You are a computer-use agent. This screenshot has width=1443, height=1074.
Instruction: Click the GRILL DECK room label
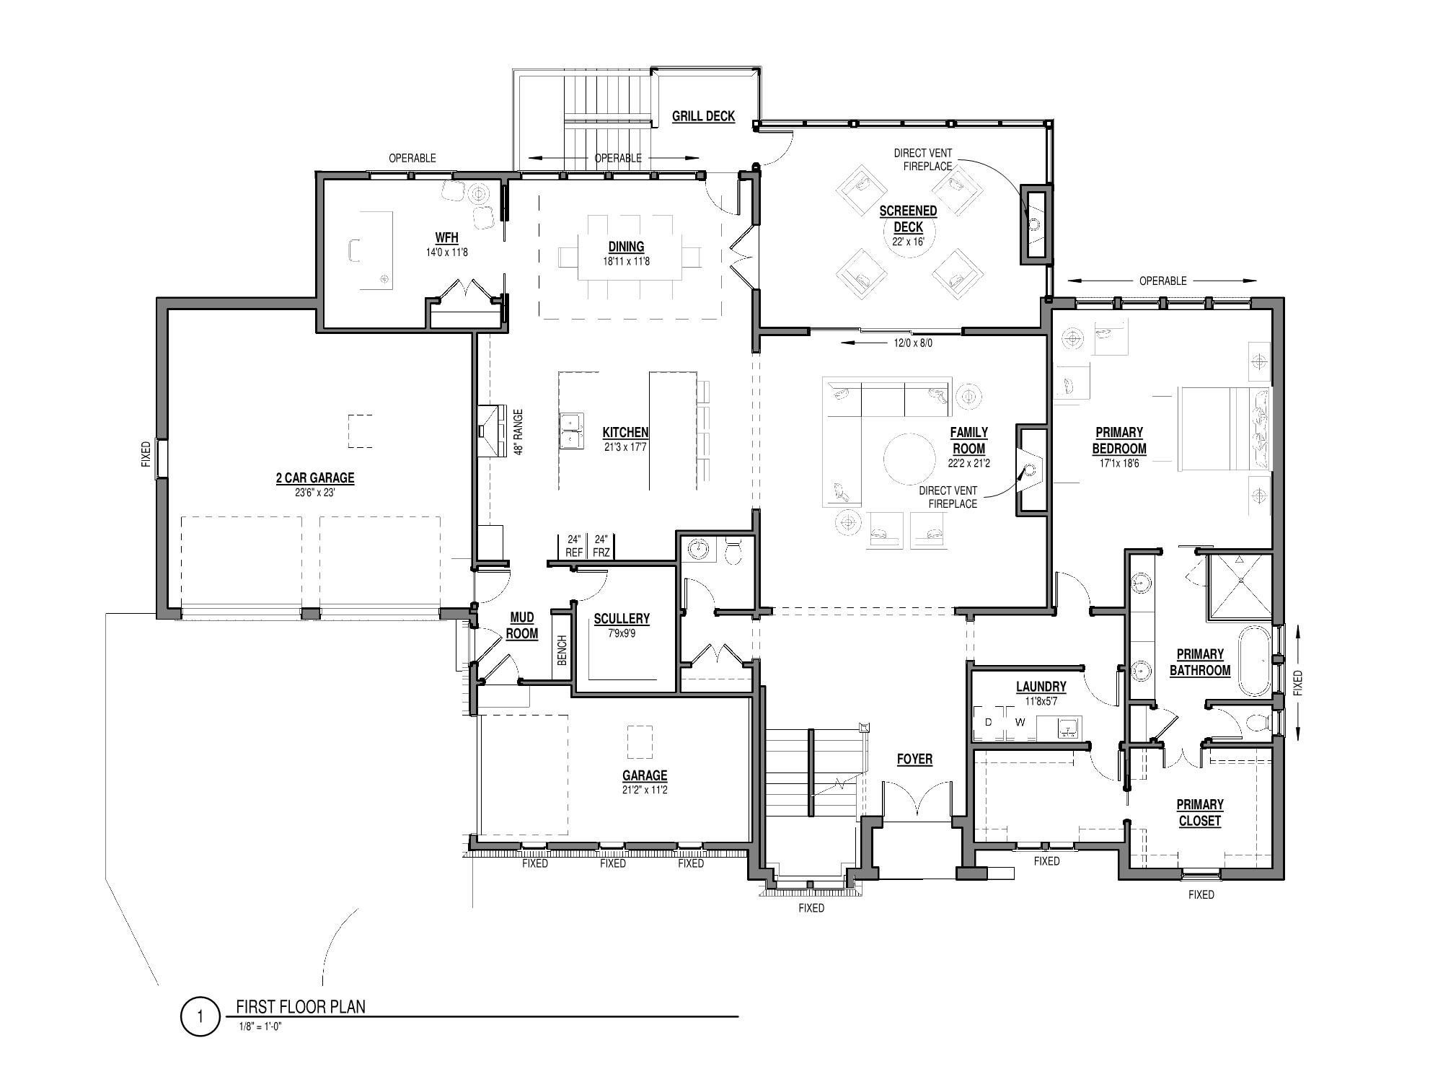[x=703, y=116]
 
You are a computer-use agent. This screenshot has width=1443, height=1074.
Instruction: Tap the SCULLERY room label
[x=621, y=619]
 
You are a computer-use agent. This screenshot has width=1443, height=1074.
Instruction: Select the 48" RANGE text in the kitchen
[x=518, y=432]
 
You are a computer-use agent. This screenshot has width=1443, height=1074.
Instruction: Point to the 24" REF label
[x=574, y=546]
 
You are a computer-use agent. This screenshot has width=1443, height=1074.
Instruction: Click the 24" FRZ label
[x=601, y=546]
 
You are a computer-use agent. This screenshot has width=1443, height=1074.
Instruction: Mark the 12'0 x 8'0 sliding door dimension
[x=913, y=343]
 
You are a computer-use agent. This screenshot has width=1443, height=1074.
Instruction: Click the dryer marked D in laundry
[x=988, y=723]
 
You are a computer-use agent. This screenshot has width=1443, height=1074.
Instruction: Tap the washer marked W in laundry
[x=1020, y=723]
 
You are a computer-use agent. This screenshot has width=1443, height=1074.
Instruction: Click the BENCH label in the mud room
[x=562, y=650]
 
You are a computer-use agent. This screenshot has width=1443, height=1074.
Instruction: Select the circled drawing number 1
[x=199, y=1017]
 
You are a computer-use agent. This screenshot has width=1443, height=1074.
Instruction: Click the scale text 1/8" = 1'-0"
[x=260, y=1028]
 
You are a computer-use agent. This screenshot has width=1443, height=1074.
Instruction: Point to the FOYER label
[x=914, y=759]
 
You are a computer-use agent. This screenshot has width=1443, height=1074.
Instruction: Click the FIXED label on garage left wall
[x=146, y=454]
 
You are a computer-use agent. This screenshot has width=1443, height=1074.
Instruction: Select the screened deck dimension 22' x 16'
[x=907, y=242]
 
